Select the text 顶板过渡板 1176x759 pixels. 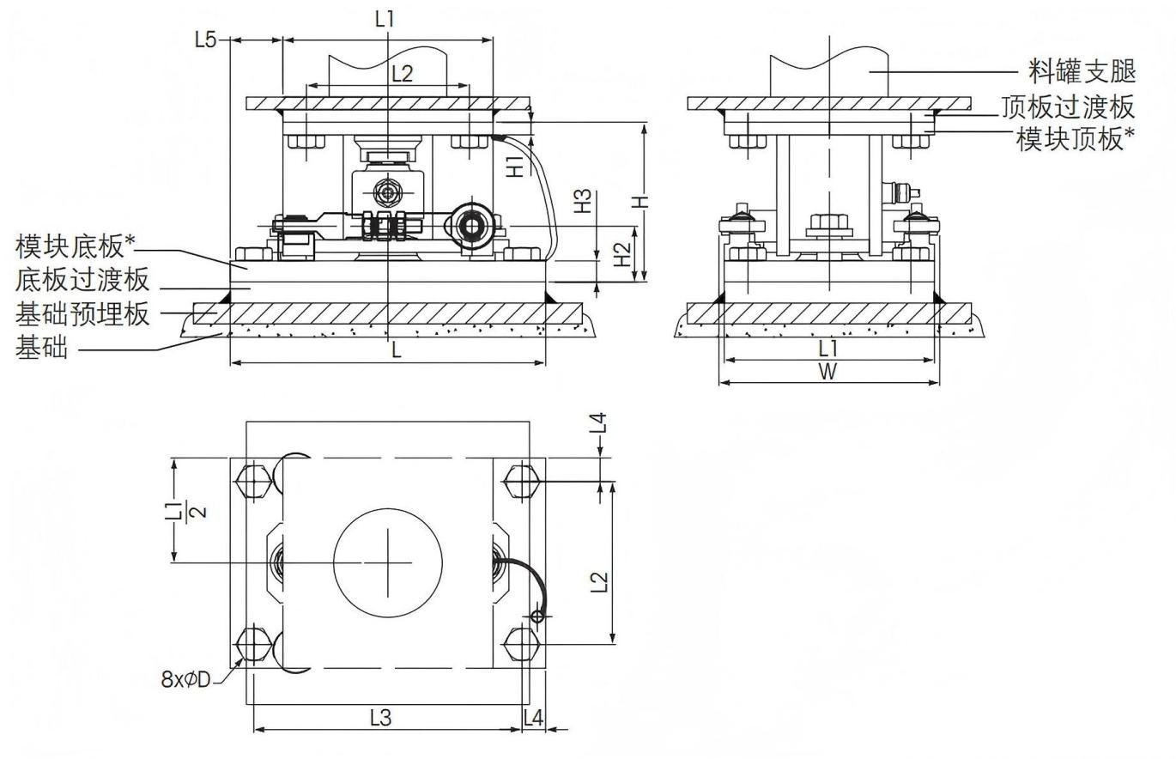[1069, 107]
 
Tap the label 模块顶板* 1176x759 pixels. [1076, 138]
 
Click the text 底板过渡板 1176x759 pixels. [82, 280]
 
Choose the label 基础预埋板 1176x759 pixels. [82, 314]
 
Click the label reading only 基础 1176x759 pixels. [41, 348]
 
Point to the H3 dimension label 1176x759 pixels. [583, 202]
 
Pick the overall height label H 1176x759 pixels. [640, 202]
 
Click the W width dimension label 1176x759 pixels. [827, 372]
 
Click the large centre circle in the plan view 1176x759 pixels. [388, 563]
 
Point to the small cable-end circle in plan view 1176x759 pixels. [537, 616]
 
